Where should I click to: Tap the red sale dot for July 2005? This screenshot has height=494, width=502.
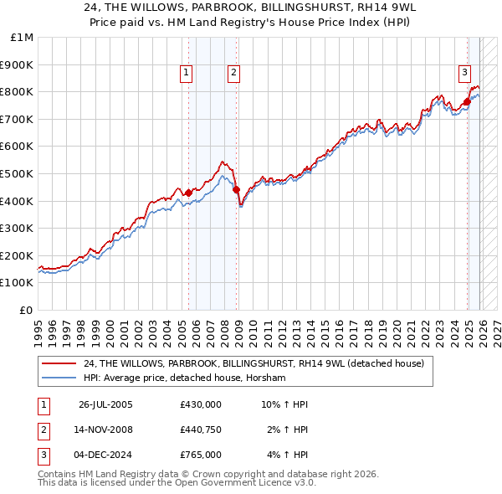click(x=188, y=193)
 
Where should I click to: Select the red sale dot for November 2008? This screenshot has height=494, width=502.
click(x=237, y=189)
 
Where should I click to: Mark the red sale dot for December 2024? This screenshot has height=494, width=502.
click(x=467, y=101)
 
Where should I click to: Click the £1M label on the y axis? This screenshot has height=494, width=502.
click(x=22, y=38)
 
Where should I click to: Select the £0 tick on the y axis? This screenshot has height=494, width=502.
click(x=26, y=310)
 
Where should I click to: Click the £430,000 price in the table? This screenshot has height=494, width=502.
click(x=200, y=404)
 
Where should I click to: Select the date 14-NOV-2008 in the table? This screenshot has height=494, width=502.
click(x=105, y=430)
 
